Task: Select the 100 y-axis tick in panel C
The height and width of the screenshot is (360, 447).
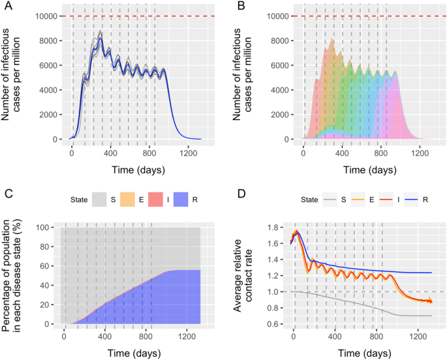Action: click(48, 227)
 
